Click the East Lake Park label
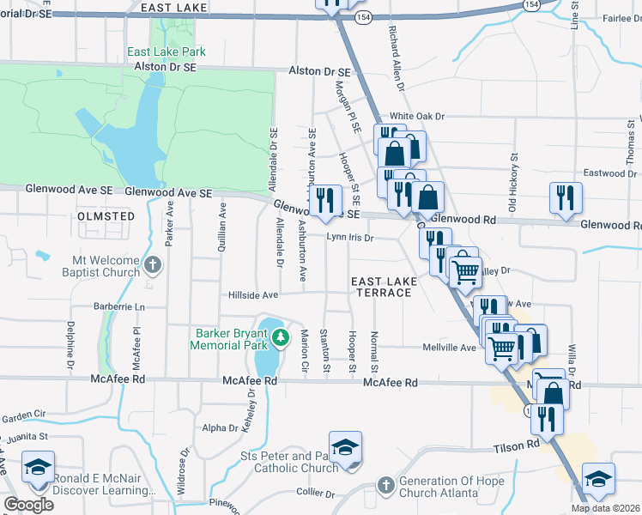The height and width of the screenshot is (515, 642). click(x=167, y=51)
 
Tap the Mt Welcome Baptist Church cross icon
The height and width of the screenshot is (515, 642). click(x=152, y=265)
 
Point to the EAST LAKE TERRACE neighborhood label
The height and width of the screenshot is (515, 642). click(x=384, y=287)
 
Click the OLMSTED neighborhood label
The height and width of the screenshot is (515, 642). click(x=106, y=216)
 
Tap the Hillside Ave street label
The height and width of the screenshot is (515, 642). click(x=253, y=295)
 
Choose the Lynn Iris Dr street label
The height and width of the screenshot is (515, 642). click(x=349, y=238)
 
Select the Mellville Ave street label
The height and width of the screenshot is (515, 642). click(x=449, y=348)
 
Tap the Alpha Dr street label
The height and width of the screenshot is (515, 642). click(x=220, y=428)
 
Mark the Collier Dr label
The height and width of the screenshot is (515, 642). click(x=315, y=494)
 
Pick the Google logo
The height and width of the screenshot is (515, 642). click(x=28, y=505)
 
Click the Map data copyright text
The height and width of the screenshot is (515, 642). click(x=604, y=508)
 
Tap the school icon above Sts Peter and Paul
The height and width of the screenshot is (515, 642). click(x=345, y=447)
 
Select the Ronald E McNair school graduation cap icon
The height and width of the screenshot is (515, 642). click(x=38, y=467)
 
